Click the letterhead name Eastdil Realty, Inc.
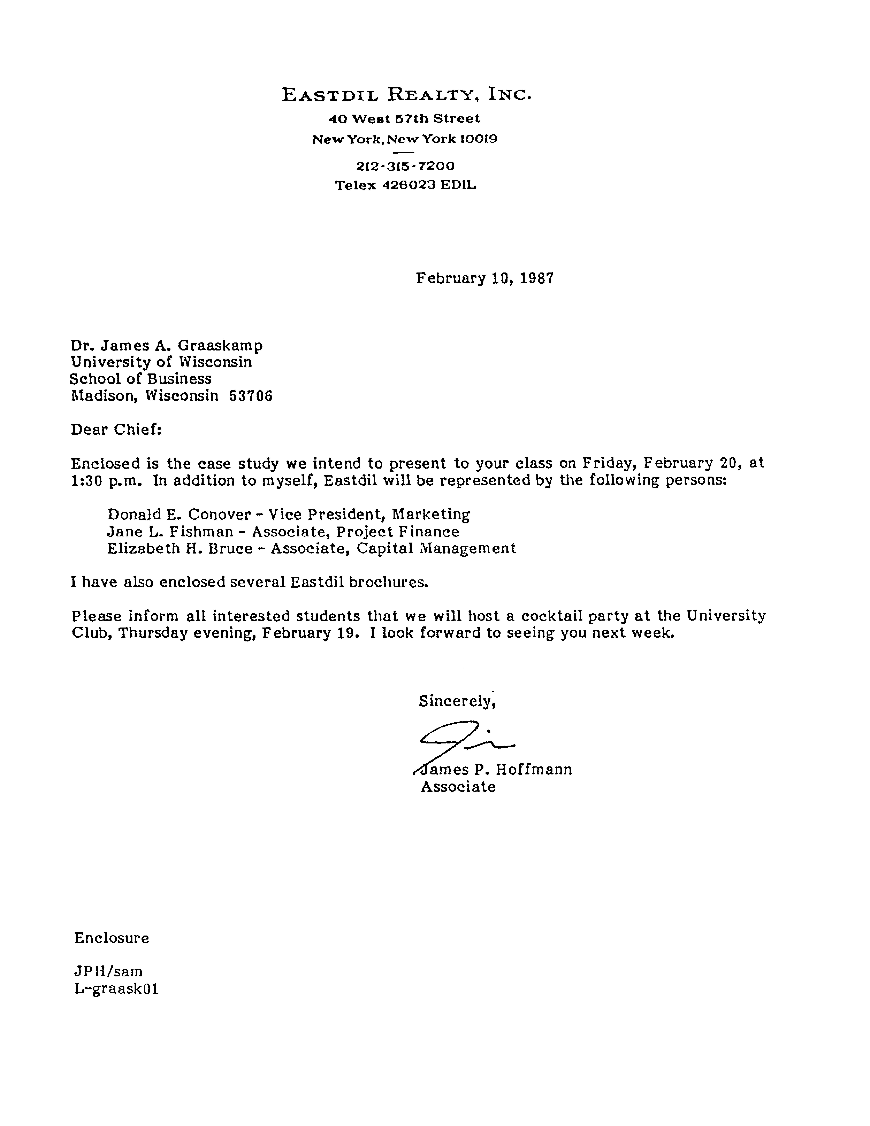coord(406,94)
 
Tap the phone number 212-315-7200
coord(406,166)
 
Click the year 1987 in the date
coord(537,278)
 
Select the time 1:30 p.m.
coord(109,481)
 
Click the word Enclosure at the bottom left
coord(112,938)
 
